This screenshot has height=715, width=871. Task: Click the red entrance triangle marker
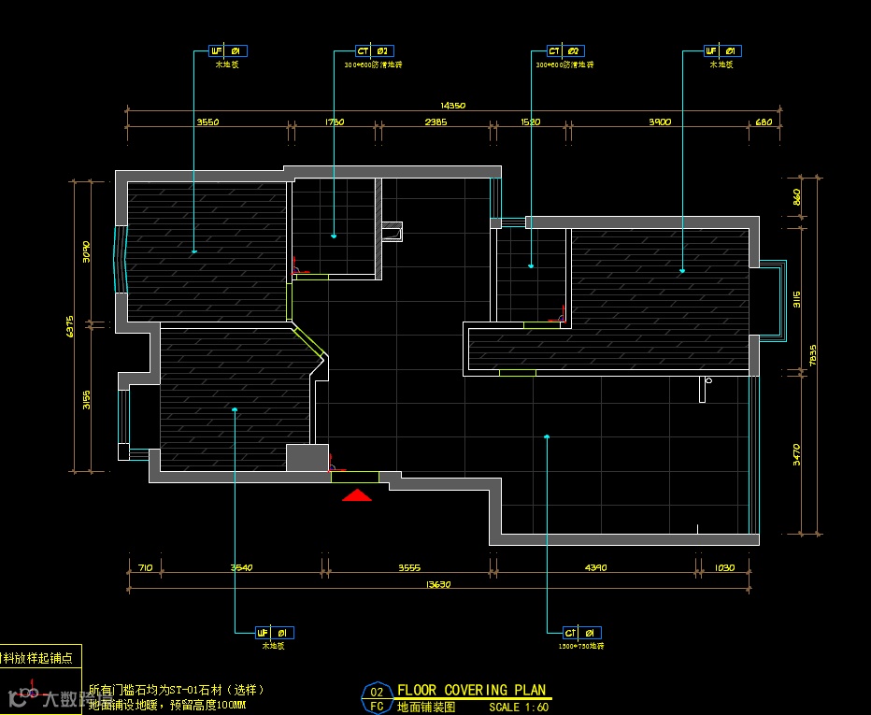(x=357, y=495)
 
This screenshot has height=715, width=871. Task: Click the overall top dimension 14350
(x=452, y=106)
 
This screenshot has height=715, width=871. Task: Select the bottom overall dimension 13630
(x=438, y=585)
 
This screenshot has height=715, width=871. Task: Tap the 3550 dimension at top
(x=207, y=122)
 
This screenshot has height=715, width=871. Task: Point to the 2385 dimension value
(x=435, y=122)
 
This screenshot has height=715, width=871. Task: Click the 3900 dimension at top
(x=660, y=122)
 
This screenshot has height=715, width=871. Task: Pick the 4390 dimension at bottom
(x=595, y=567)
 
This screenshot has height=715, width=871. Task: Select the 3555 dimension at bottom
(x=409, y=567)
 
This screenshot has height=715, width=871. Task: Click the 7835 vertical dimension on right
(x=811, y=356)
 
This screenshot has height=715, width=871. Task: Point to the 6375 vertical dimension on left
(x=70, y=326)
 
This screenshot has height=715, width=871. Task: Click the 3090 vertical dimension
(x=86, y=250)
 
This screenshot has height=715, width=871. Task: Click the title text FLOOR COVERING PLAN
(x=472, y=691)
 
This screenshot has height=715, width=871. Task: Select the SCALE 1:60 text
(x=519, y=708)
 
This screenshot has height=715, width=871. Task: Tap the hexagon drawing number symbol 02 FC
(x=377, y=698)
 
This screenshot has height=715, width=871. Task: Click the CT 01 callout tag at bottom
(x=581, y=633)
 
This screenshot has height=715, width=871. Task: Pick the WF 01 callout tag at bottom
(x=275, y=633)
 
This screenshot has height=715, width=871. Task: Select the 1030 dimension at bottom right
(x=724, y=567)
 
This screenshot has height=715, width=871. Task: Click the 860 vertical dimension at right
(x=796, y=198)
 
